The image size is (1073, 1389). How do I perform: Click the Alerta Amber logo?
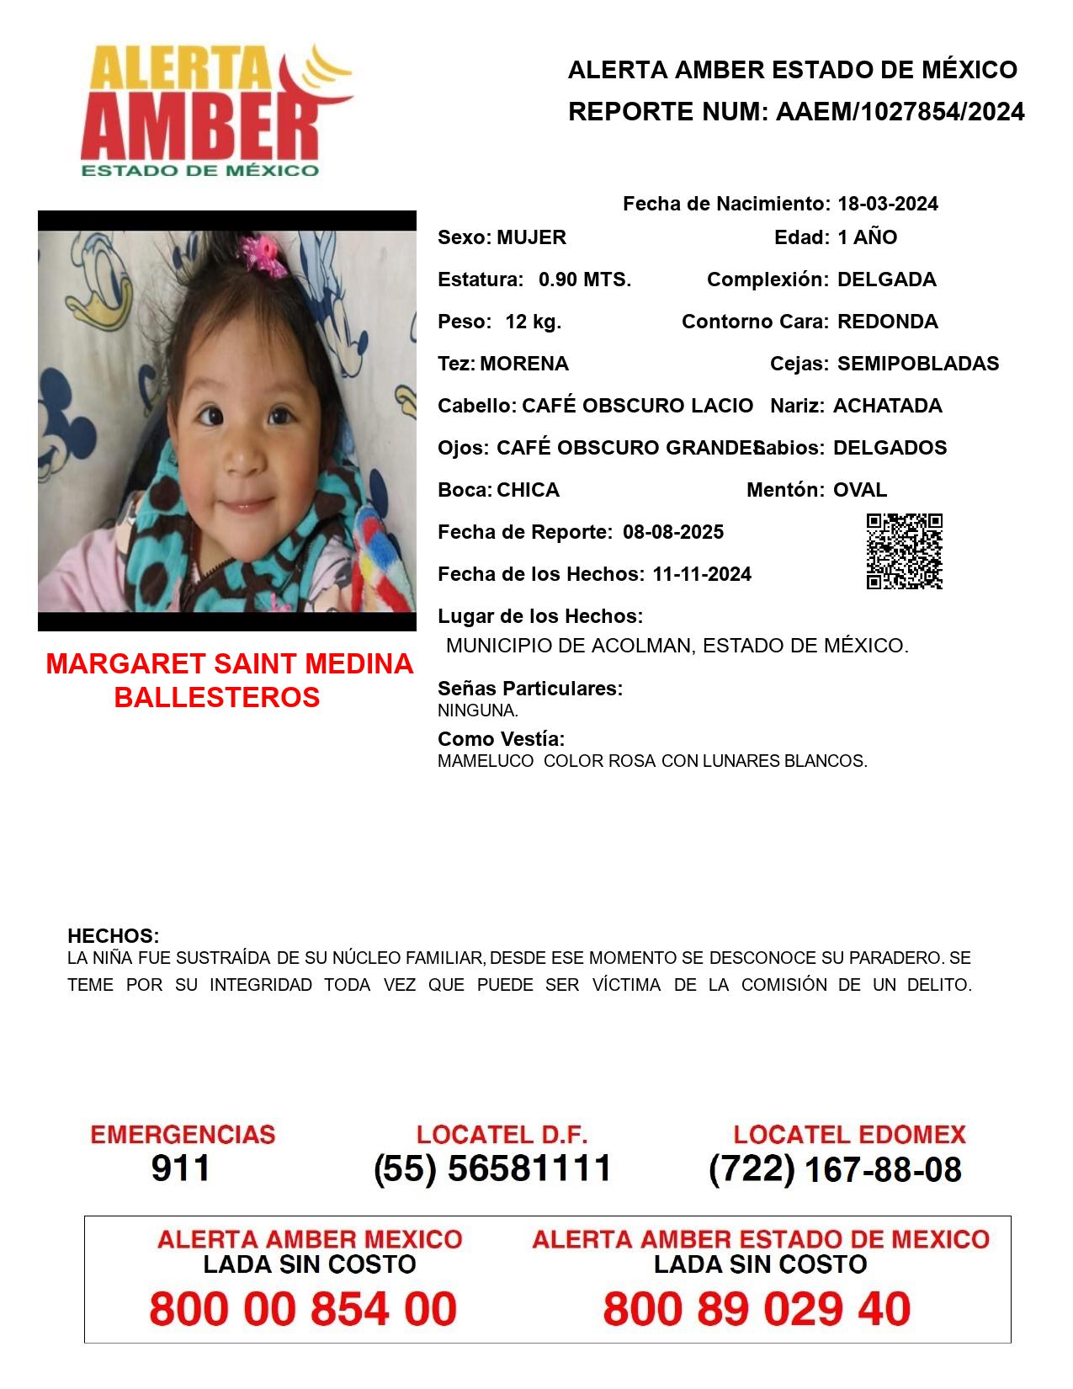(215, 109)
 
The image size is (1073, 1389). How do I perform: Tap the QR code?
(904, 551)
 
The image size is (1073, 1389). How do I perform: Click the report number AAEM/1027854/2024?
(900, 112)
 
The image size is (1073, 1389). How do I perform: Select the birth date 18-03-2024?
(887, 204)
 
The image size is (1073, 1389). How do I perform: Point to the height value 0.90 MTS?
(585, 279)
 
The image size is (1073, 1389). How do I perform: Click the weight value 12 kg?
(533, 322)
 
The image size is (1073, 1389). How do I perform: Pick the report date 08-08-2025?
(673, 532)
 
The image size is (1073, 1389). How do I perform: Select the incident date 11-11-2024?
(702, 574)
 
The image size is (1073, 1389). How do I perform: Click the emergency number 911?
(181, 1168)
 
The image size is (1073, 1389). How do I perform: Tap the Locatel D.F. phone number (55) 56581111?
(492, 1168)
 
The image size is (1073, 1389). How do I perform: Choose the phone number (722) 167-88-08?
(835, 1169)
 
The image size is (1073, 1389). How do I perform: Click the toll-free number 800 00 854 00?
(303, 1309)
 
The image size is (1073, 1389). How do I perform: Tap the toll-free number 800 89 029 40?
(757, 1309)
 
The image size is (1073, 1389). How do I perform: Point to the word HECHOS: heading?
(113, 936)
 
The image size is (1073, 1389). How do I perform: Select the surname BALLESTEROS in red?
(217, 697)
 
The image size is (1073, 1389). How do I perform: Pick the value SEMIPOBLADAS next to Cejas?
(918, 364)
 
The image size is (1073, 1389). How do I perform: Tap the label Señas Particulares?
(530, 689)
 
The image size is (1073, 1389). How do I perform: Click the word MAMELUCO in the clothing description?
(485, 761)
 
